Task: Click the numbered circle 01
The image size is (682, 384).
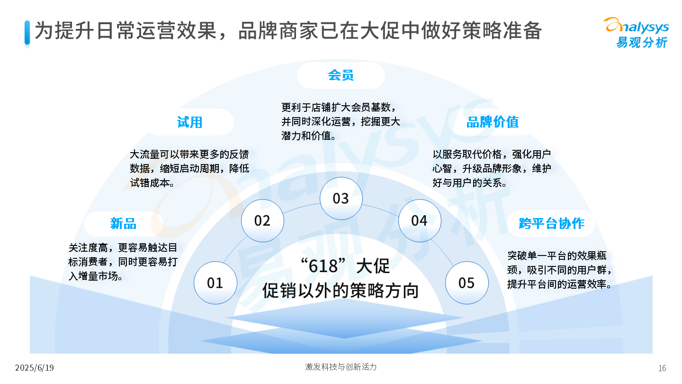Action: pos(215,283)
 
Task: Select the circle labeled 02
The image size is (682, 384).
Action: pos(262,220)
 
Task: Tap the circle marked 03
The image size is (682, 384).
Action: pos(341,198)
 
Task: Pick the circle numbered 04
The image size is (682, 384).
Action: pos(420,220)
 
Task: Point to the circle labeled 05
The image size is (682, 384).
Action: pos(467,283)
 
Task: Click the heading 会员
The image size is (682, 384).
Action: pos(341,75)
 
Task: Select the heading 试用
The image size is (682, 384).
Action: pos(189,122)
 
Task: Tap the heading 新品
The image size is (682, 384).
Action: pos(123,223)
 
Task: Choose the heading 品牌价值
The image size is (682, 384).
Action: pos(493,122)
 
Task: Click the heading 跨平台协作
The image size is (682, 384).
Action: pos(551,223)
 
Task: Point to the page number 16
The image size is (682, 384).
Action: pos(662,368)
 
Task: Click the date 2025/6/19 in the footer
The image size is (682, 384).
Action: pos(35,368)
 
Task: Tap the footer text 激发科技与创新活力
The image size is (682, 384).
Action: pos(341,367)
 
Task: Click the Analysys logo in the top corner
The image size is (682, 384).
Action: pos(637,33)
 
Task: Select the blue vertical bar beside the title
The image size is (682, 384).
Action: pos(27,33)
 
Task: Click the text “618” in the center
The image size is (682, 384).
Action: pos(323,265)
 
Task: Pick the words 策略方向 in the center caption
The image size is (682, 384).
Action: pos(385,291)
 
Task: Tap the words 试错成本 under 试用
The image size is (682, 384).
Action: pos(150,183)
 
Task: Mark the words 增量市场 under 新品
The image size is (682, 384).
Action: pos(98,276)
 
